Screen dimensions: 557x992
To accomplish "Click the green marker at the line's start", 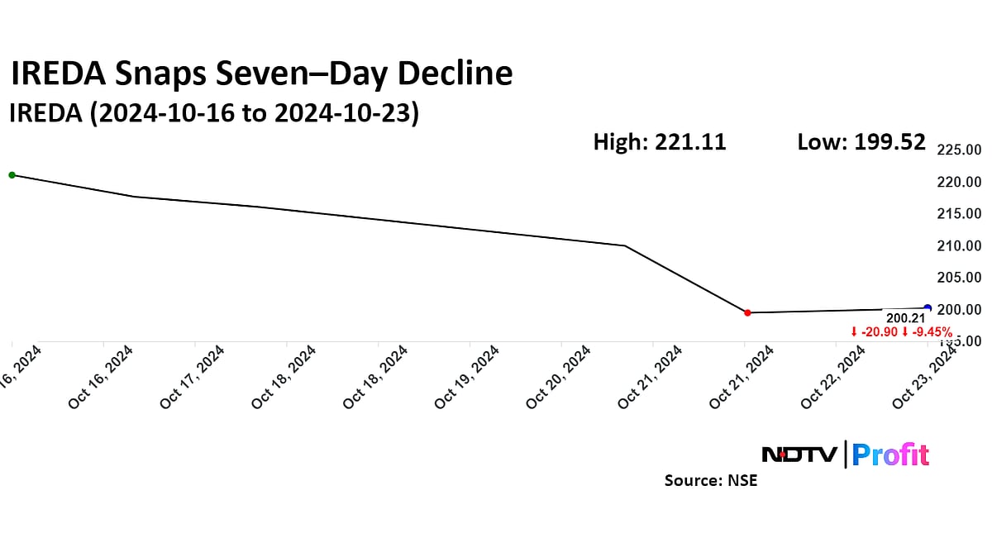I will (x=12, y=174).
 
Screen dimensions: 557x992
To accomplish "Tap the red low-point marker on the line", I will (x=747, y=312).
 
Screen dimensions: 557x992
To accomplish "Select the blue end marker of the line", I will (x=928, y=308).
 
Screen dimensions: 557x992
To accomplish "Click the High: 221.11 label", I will (x=659, y=142).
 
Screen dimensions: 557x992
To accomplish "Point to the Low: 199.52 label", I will (x=861, y=142).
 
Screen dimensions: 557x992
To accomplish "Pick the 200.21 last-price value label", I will (x=903, y=317).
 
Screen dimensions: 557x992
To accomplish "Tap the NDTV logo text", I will (x=799, y=455).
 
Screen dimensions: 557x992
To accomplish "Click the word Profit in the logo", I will (x=890, y=455).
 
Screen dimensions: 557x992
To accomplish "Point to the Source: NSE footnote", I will (x=710, y=480).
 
